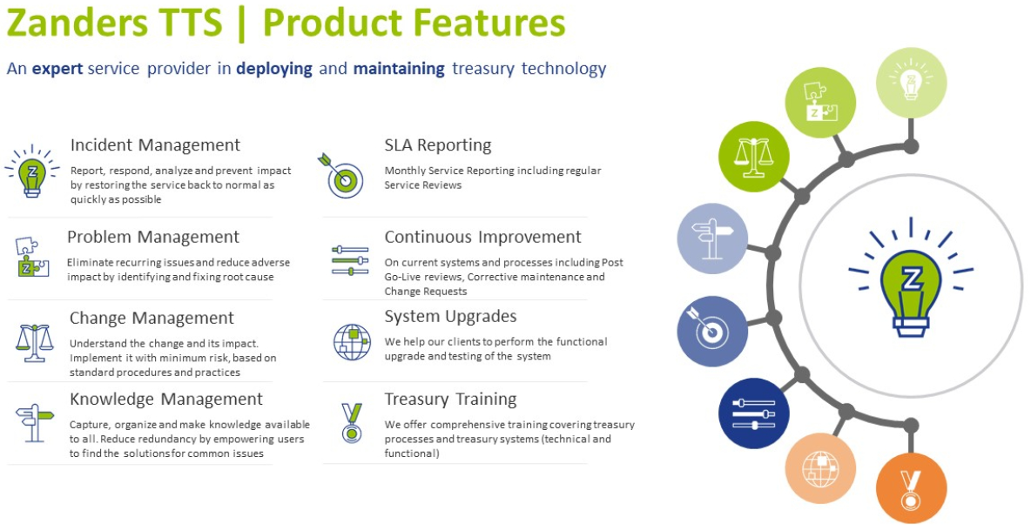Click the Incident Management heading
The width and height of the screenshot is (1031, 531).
click(x=155, y=145)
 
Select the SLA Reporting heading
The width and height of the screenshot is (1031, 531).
click(x=438, y=145)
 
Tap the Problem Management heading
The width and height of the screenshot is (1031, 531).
click(x=153, y=238)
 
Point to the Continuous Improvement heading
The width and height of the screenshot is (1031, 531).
click(x=482, y=237)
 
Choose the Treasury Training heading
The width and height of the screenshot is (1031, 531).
click(x=450, y=400)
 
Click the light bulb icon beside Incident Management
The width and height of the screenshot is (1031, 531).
click(x=32, y=171)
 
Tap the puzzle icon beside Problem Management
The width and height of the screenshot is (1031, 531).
click(x=31, y=257)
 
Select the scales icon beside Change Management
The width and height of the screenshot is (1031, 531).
click(x=34, y=343)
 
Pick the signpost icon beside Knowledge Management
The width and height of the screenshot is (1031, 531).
click(x=35, y=422)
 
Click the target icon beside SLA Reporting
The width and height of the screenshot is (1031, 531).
click(x=342, y=176)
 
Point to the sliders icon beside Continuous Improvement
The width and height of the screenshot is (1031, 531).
click(x=350, y=260)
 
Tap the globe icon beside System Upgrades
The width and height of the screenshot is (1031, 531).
click(x=352, y=342)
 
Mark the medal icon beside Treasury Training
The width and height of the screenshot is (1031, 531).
click(x=352, y=422)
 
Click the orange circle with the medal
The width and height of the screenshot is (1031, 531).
click(x=911, y=489)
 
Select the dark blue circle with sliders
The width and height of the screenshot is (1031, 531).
click(x=754, y=414)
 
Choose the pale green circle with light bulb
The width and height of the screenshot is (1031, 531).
click(x=912, y=83)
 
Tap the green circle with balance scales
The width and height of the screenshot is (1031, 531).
click(x=754, y=157)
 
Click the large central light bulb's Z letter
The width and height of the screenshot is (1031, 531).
click(x=911, y=280)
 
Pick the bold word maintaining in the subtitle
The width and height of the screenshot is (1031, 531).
click(x=399, y=69)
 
